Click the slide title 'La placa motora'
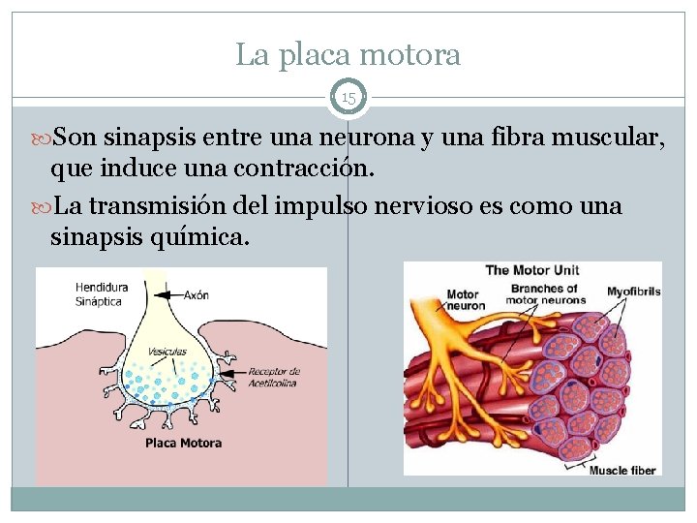tap(348, 55)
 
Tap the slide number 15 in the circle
tap(348, 98)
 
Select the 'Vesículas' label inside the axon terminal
tap(167, 351)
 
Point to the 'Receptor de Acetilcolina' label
tap(275, 376)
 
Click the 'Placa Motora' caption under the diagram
tap(183, 443)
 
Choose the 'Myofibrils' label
tap(633, 291)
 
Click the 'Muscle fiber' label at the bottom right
tap(624, 471)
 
